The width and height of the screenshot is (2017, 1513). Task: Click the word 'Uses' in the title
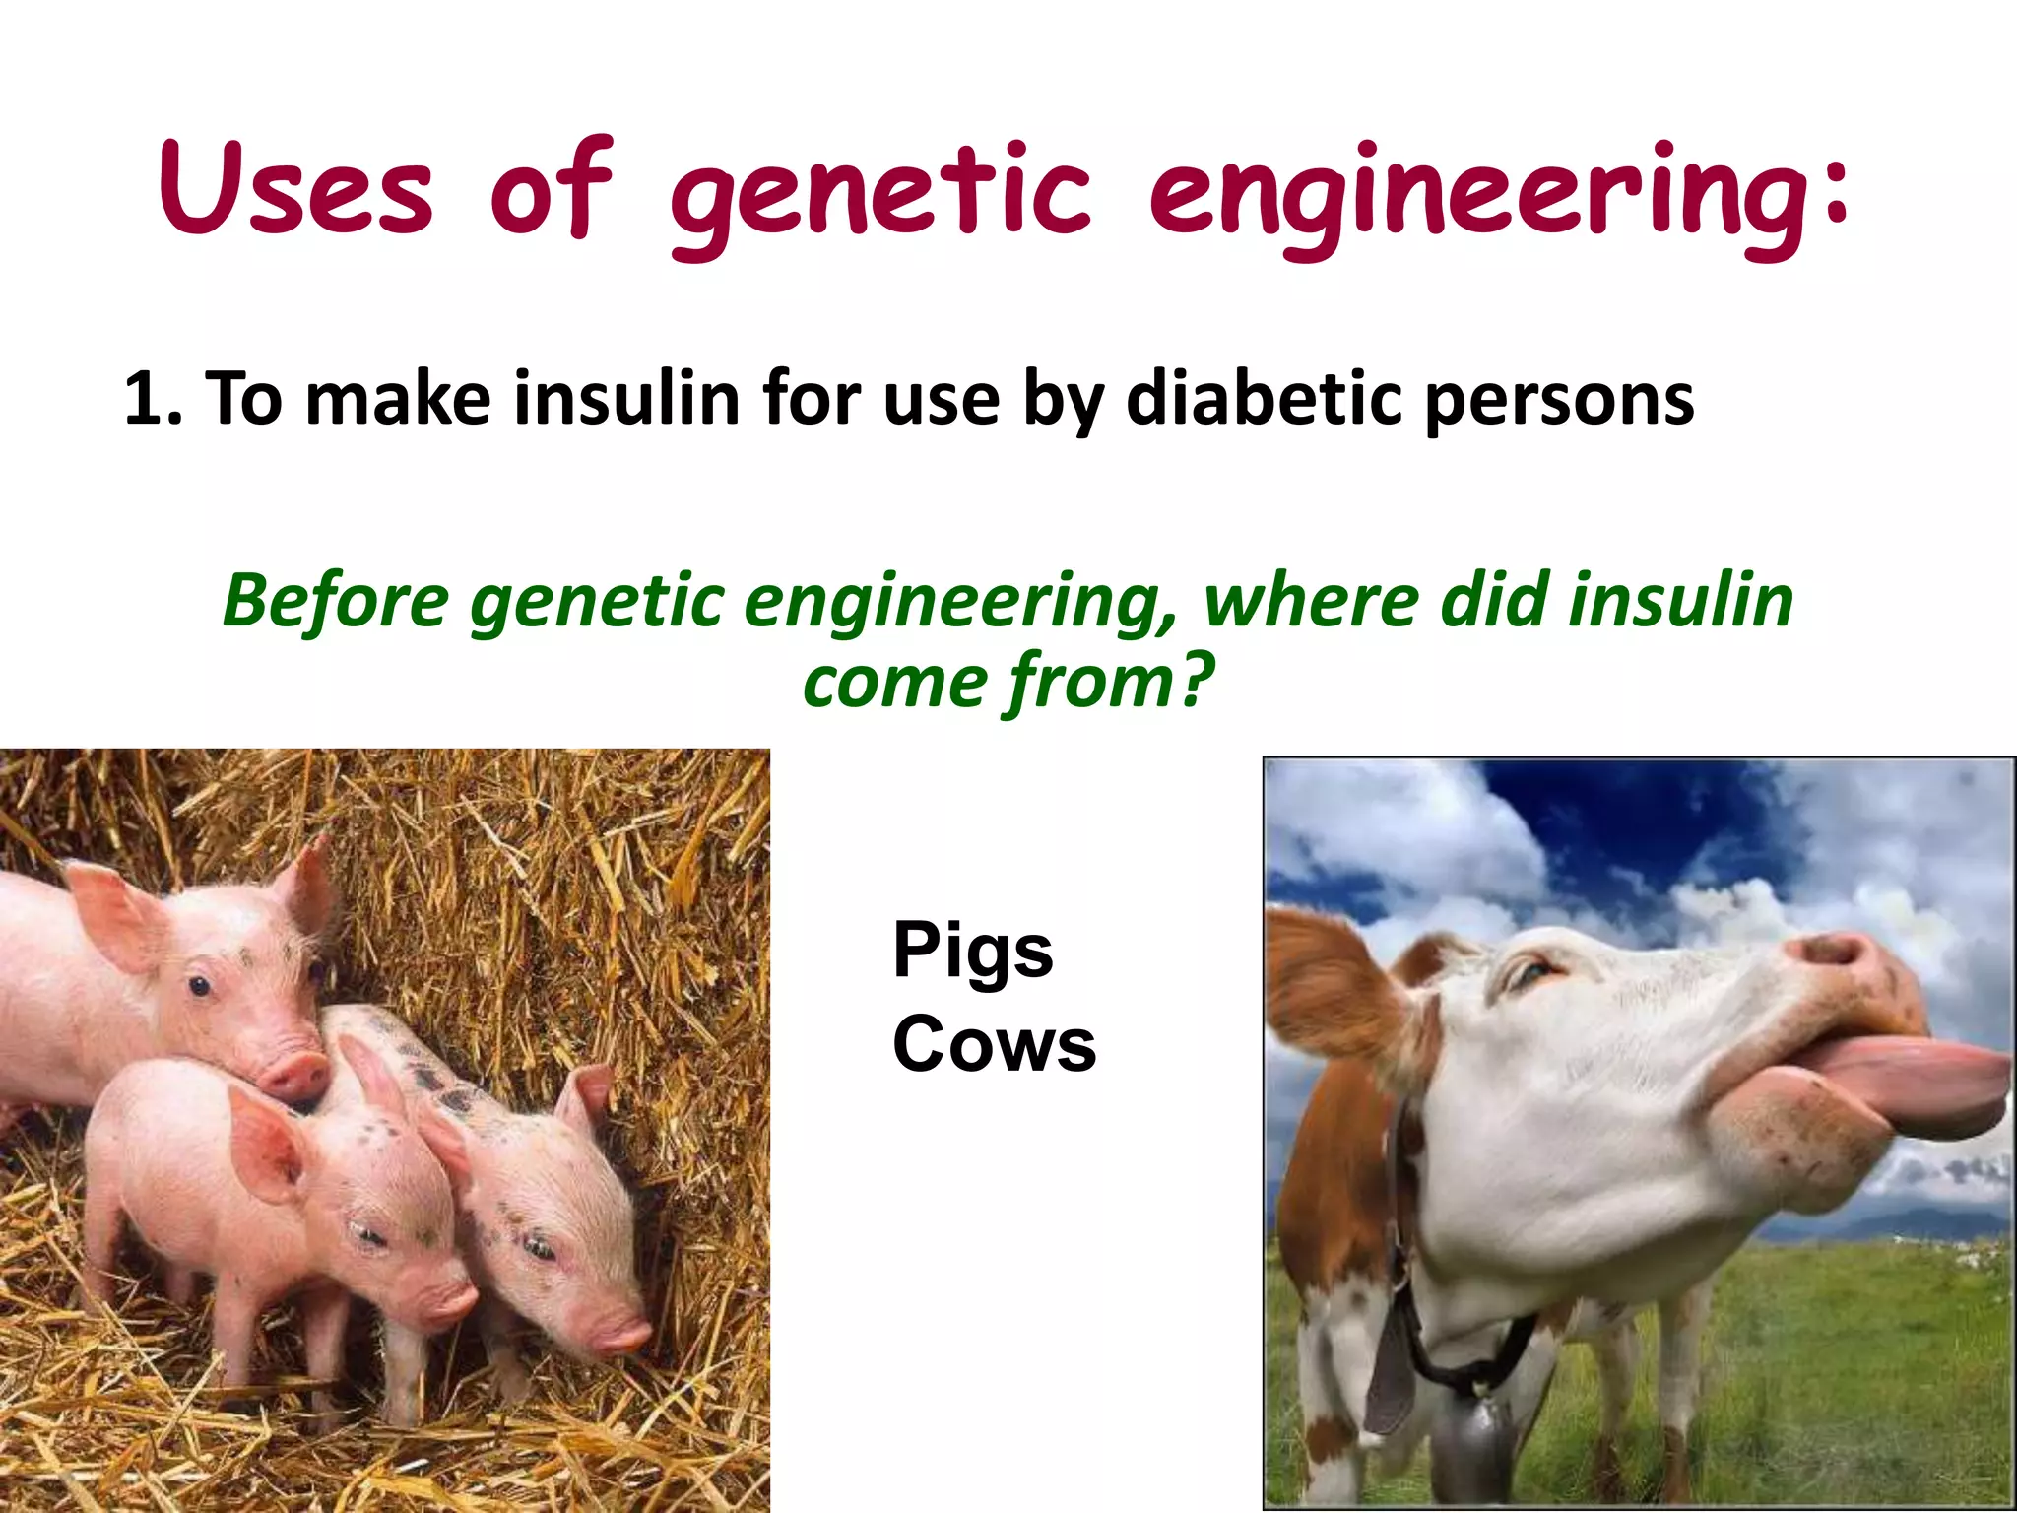[x=295, y=189]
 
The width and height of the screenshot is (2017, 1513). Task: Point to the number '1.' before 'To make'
[x=152, y=398]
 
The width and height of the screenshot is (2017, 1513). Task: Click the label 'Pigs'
[x=972, y=951]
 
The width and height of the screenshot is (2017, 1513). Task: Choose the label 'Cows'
[x=994, y=1044]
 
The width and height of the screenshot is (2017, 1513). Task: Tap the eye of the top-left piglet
[x=200, y=985]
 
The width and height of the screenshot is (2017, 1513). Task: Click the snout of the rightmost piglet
[x=620, y=1335]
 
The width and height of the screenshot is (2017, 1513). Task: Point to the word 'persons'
[x=1559, y=398]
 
